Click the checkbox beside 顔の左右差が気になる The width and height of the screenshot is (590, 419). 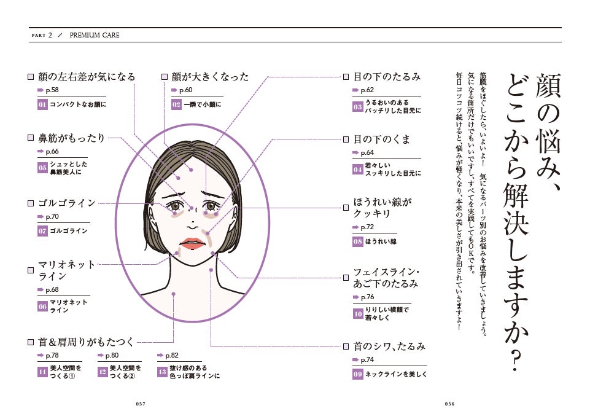(x=30, y=77)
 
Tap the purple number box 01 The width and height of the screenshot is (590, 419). (x=42, y=104)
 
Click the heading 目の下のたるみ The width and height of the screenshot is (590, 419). (x=386, y=77)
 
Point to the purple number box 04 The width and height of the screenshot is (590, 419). (x=358, y=169)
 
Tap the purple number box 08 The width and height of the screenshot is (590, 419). (x=358, y=241)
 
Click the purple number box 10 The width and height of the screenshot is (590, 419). (x=358, y=313)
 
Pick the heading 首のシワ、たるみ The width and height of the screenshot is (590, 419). (x=389, y=347)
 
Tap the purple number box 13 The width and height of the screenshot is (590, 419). (x=162, y=372)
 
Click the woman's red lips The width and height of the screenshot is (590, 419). (x=191, y=241)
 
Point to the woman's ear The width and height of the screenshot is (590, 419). (x=153, y=214)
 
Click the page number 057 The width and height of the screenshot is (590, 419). (x=141, y=404)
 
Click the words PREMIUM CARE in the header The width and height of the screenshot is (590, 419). (x=95, y=35)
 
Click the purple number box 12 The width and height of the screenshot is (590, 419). (x=103, y=372)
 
